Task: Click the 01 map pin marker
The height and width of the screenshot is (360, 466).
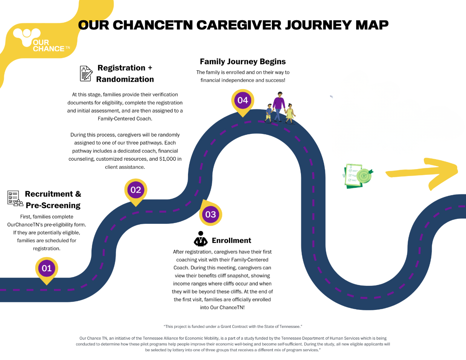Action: [47, 269]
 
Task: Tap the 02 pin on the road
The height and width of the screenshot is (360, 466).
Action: [136, 190]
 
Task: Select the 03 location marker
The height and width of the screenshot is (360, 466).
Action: [211, 214]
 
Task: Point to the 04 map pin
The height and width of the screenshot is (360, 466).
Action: [243, 101]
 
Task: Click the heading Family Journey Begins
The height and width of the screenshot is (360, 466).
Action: [243, 62]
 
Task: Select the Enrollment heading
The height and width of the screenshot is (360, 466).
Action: [231, 240]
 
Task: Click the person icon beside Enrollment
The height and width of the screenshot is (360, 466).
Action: [200, 239]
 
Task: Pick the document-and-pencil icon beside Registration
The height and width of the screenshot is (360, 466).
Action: [86, 73]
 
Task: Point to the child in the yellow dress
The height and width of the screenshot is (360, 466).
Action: [290, 112]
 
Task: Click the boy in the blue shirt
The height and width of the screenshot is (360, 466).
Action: [269, 112]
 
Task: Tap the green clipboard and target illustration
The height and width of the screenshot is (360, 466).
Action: [358, 176]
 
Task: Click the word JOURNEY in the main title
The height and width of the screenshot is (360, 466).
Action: [313, 25]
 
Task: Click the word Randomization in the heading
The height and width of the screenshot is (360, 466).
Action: [125, 80]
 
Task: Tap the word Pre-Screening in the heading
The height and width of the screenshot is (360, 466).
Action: [53, 205]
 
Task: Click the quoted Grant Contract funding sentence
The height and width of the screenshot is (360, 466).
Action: [233, 326]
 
